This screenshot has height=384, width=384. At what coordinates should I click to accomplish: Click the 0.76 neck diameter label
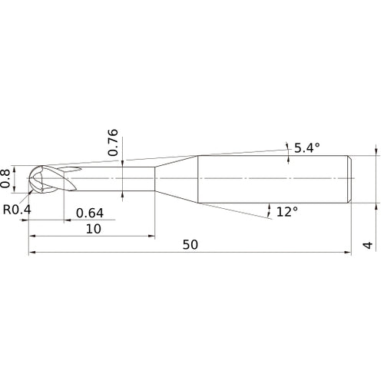tap(113, 143)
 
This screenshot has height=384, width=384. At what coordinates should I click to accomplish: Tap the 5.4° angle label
tap(307, 148)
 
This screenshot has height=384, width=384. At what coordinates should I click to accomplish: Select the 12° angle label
tap(287, 212)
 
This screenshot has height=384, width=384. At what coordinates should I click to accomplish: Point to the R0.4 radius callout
tap(17, 210)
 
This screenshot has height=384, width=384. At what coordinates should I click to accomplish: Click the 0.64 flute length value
tap(90, 213)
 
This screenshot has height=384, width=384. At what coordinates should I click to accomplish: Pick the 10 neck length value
tap(94, 229)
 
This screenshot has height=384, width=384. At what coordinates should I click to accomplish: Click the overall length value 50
tap(190, 245)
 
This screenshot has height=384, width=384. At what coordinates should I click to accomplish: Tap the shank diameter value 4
tap(368, 245)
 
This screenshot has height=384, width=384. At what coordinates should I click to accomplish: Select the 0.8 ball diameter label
tap(5, 178)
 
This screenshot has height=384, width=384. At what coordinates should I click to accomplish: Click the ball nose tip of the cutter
tap(28, 178)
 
